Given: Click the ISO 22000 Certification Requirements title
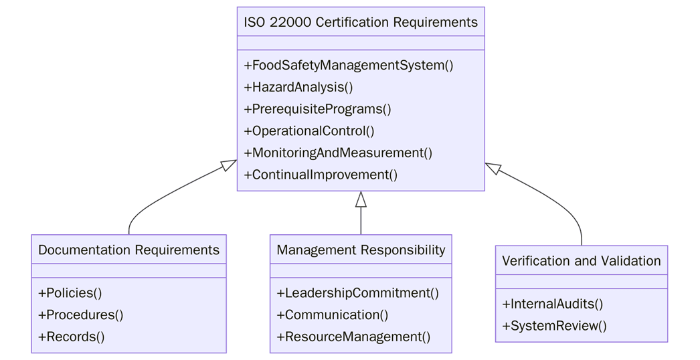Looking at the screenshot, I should click(361, 22).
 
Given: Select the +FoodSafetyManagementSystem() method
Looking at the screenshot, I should click(349, 66).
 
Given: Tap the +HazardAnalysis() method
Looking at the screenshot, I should click(298, 87).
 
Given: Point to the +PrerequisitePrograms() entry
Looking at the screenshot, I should click(317, 109).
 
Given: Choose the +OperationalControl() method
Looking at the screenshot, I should click(309, 131).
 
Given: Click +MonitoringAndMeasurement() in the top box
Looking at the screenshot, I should click(338, 153).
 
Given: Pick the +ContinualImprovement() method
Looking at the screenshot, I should click(321, 175).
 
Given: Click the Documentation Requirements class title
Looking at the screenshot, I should click(128, 250).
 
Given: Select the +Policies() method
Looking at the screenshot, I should click(70, 293).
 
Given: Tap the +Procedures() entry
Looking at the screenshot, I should click(81, 314).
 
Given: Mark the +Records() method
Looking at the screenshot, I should click(72, 337).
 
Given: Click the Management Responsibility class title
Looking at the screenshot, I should click(361, 250).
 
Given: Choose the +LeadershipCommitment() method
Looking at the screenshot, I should click(358, 293).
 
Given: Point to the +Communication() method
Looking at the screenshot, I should click(333, 314).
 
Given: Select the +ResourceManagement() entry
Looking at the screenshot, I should click(354, 337).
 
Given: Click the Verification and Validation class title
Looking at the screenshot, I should click(581, 260).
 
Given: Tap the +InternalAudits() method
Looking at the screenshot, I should click(553, 304).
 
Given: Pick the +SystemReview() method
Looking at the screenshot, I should click(555, 326).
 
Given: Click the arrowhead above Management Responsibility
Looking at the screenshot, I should click(361, 199).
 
